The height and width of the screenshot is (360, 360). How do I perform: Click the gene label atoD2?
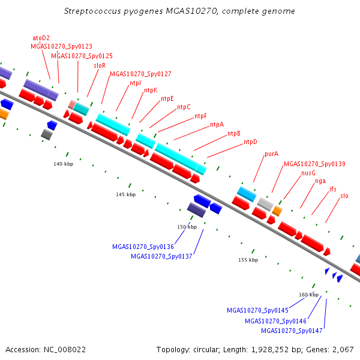pos(41,38)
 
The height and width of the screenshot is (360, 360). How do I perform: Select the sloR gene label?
pos(100,65)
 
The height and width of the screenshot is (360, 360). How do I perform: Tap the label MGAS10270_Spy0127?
pos(140,74)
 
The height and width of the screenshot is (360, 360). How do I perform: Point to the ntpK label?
pos(151,90)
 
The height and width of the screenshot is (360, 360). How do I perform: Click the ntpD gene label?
pos(250,142)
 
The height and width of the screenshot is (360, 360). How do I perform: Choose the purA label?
pos(271,154)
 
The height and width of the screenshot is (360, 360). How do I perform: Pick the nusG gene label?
pos(308,173)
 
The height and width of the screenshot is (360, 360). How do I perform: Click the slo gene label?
pos(344,196)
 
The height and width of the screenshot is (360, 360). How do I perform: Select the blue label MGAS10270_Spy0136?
pos(143,247)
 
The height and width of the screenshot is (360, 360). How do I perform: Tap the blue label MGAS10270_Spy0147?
pos(292,331)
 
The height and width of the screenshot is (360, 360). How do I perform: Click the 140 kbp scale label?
pos(64,164)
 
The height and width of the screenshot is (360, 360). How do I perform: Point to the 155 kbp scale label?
pos(248,260)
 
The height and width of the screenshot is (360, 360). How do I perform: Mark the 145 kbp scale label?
pos(126,194)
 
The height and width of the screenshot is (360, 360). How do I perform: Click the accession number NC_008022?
pos(65,350)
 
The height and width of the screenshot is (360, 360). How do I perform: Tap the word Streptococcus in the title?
pos(92,11)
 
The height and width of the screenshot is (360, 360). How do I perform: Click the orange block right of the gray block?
pos(277,211)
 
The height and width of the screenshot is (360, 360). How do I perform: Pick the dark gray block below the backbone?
pos(47,134)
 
